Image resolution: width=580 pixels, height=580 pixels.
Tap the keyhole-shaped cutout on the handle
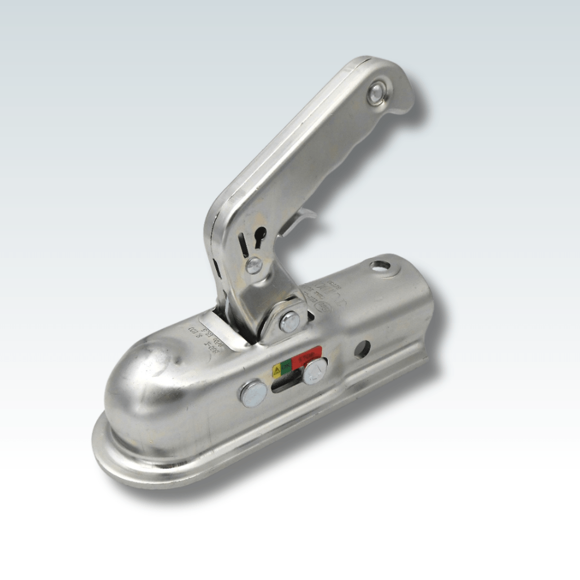(x=259, y=236)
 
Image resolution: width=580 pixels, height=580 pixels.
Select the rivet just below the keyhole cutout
(x=254, y=265)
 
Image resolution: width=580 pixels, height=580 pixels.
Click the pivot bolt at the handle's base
(x=290, y=322)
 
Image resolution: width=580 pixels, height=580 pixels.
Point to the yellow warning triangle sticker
(x=277, y=371)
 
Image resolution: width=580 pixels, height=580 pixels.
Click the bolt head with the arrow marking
(x=315, y=371)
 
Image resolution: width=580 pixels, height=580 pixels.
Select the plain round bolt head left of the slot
(x=253, y=394)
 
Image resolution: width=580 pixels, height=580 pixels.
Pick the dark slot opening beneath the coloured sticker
(x=285, y=386)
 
